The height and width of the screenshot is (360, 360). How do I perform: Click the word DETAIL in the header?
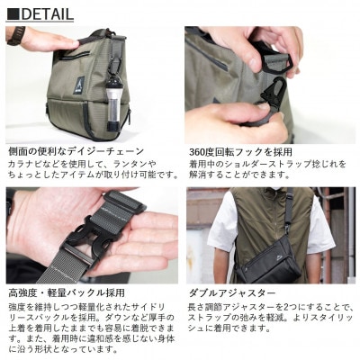tap(47, 13)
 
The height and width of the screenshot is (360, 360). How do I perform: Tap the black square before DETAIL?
tap(12, 13)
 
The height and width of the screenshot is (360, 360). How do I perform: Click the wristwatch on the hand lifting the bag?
tap(15, 35)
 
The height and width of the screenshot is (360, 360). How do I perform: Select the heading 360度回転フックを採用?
tap(240, 152)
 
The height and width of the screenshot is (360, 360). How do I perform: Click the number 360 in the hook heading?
tap(201, 152)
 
